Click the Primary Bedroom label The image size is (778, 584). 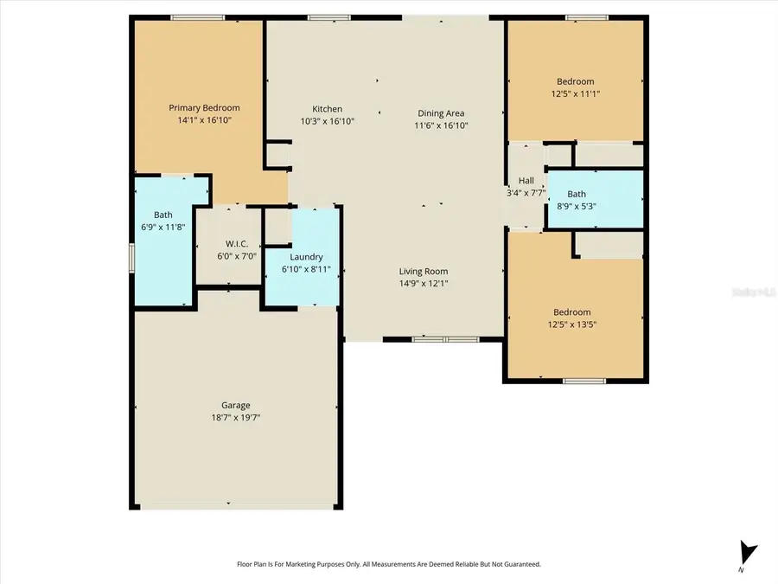204,108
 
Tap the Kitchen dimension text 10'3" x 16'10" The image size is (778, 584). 327,121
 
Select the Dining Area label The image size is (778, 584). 441,113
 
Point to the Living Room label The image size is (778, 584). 424,271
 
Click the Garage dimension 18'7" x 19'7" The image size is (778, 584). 236,418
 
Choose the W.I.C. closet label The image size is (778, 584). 237,244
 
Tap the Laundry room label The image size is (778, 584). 306,257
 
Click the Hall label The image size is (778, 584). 526,181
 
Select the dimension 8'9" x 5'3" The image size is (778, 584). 576,206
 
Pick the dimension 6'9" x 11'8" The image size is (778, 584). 163,227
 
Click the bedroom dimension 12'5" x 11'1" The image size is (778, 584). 576,93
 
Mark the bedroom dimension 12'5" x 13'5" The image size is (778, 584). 572,324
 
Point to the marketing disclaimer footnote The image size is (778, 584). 388,564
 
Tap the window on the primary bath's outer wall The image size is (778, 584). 132,258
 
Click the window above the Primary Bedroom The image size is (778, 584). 197,18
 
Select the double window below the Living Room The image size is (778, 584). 445,340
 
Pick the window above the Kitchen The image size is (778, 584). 329,18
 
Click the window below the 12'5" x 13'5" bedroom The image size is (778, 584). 584,381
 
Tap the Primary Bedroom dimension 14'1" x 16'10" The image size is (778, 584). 204,120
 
